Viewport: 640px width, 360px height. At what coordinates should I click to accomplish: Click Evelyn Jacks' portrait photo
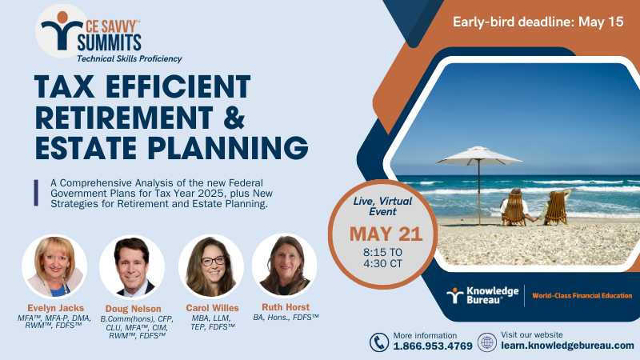[x=54, y=266]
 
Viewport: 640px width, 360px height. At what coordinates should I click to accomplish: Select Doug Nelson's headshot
[x=132, y=267]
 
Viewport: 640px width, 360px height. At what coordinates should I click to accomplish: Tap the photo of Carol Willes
[x=211, y=266]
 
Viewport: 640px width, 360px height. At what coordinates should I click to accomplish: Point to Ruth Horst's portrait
[x=285, y=266]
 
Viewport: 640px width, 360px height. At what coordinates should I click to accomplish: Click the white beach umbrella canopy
[x=478, y=155]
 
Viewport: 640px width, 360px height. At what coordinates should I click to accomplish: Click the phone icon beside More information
[x=379, y=342]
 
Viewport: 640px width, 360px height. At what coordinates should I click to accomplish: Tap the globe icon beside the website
[x=487, y=342]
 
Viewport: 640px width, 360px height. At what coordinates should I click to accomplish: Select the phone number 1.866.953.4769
[x=433, y=346]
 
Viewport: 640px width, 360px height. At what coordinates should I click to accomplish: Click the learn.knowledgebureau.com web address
[x=567, y=346]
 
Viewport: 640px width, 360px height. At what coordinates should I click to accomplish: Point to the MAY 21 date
[x=386, y=234]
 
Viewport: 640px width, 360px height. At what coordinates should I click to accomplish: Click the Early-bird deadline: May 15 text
[x=538, y=22]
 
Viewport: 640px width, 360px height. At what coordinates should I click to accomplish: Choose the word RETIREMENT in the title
[x=124, y=118]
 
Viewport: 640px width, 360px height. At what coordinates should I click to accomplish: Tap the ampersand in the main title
[x=234, y=118]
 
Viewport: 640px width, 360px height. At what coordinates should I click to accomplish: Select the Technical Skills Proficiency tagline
[x=130, y=58]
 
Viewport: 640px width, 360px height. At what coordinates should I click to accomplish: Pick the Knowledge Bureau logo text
[x=492, y=295]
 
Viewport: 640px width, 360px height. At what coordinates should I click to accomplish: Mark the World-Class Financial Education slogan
[x=582, y=295]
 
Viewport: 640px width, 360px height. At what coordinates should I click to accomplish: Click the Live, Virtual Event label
[x=382, y=206]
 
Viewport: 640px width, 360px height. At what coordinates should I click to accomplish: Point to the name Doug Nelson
[x=133, y=309]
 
